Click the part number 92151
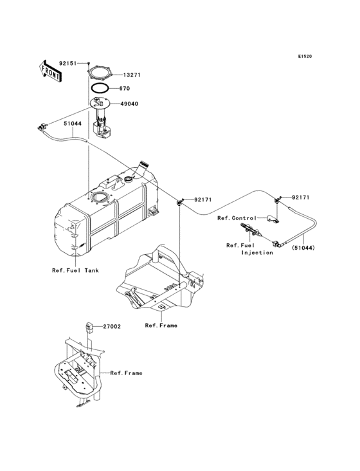click(67, 64)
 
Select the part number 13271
click(131, 75)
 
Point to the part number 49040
click(129, 103)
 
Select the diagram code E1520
click(304, 57)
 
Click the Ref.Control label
click(237, 218)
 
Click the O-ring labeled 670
click(99, 88)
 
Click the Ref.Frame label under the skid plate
click(161, 326)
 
